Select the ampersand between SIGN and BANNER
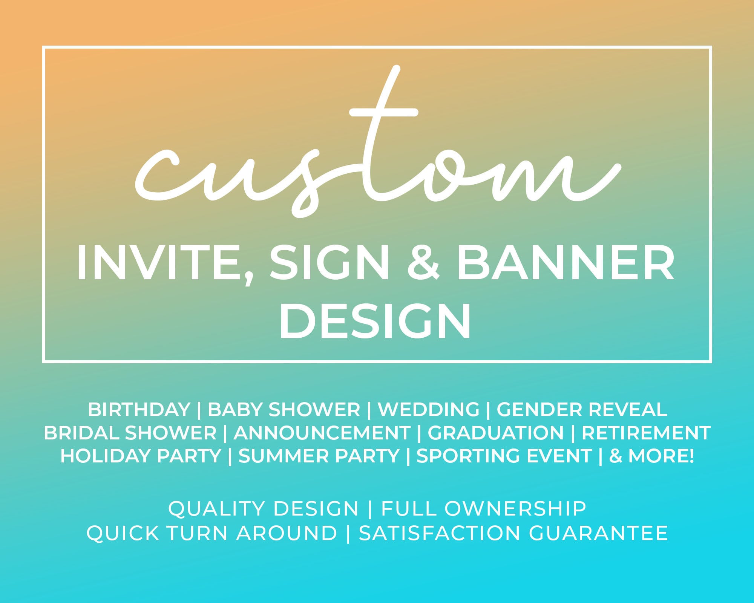click(423, 263)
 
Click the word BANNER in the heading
click(565, 263)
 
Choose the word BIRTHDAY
click(139, 410)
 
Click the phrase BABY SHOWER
click(284, 410)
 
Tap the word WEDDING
click(429, 410)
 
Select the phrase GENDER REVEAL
click(582, 410)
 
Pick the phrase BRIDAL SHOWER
click(130, 433)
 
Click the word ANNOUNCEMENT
click(322, 433)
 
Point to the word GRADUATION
click(495, 433)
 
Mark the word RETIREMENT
click(646, 433)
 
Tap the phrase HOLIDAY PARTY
click(141, 456)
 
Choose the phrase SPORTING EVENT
click(504, 456)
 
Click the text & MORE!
click(651, 456)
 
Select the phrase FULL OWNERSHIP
click(484, 509)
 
